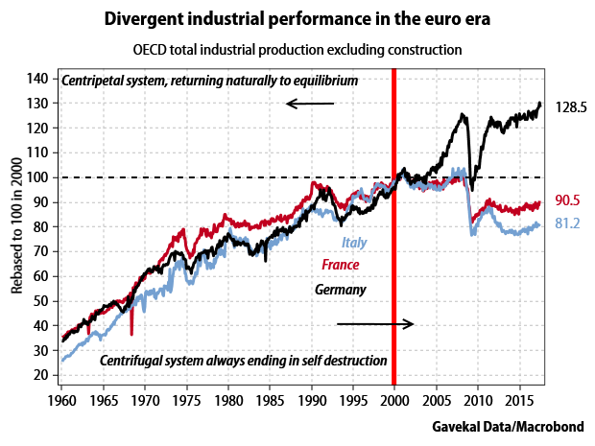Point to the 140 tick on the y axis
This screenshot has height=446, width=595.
tap(42, 79)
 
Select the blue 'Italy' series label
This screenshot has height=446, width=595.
tap(355, 244)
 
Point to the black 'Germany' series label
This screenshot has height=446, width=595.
tap(341, 289)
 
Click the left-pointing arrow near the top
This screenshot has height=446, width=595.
tap(310, 104)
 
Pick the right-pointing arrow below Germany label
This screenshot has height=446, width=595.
tap(374, 324)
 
